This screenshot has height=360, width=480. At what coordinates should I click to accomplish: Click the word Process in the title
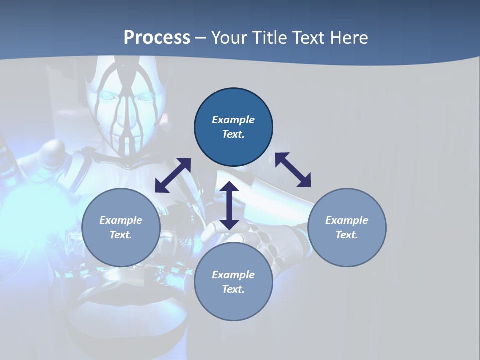point(157,38)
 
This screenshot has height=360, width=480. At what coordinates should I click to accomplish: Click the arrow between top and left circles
point(173,175)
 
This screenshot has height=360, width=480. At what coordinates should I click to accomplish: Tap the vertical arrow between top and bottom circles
point(229,205)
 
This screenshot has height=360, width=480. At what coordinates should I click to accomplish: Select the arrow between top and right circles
point(293,170)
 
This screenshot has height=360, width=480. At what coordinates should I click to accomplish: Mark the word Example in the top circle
point(233,120)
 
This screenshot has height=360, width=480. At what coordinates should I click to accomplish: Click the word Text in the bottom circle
point(233,289)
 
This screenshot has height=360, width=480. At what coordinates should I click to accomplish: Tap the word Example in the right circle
point(347,220)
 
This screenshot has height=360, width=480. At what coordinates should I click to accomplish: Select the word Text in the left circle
point(121,235)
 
